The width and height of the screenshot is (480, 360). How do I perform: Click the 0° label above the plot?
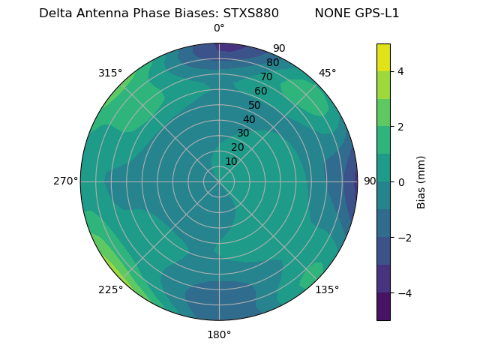pyautogui.click(x=219, y=28)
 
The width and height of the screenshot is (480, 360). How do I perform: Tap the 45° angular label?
pyautogui.click(x=328, y=73)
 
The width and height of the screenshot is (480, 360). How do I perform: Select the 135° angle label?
pyautogui.click(x=327, y=289)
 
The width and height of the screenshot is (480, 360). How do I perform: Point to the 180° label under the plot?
pyautogui.click(x=219, y=334)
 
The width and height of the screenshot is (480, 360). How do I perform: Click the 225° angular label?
pyautogui.click(x=110, y=290)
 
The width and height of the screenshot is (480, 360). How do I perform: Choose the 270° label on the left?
pyautogui.click(x=65, y=181)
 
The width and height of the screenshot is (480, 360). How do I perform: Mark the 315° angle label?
pyautogui.click(x=110, y=73)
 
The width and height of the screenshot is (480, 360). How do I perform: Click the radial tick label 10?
pyautogui.click(x=231, y=161)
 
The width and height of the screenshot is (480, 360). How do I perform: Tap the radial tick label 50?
pyautogui.click(x=255, y=105)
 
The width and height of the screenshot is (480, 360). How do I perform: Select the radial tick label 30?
pyautogui.click(x=243, y=133)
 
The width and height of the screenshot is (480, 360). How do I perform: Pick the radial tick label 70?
pyautogui.click(x=266, y=76)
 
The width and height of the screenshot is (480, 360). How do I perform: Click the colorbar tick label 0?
pyautogui.click(x=399, y=182)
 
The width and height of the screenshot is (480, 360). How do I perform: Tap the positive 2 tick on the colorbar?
pyautogui.click(x=399, y=127)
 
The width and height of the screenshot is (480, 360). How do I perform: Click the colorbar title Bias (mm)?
pyautogui.click(x=421, y=181)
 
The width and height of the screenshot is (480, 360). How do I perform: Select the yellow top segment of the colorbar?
pyautogui.click(x=383, y=57)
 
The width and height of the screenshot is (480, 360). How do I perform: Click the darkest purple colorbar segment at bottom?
pyautogui.click(x=383, y=307)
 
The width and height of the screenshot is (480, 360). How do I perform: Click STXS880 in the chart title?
pyautogui.click(x=251, y=13)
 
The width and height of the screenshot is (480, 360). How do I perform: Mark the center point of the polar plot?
pyautogui.click(x=219, y=181)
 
